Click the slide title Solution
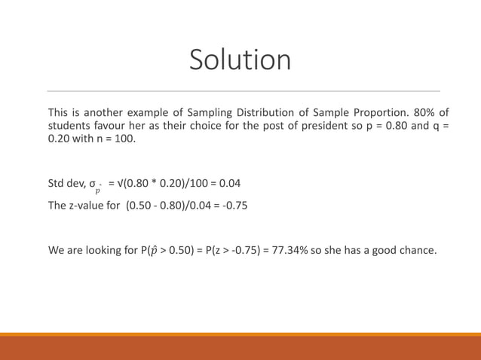240,60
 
